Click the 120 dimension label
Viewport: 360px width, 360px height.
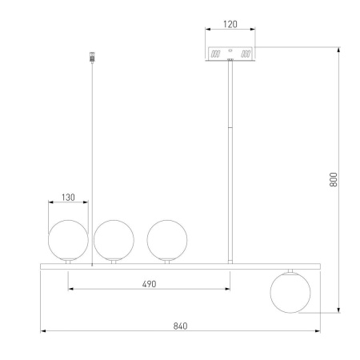(230, 24)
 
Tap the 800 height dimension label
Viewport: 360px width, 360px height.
(334, 179)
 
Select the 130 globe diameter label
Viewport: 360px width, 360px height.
(68, 198)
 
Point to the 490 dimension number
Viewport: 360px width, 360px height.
(149, 284)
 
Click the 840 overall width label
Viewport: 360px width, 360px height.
(180, 326)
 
